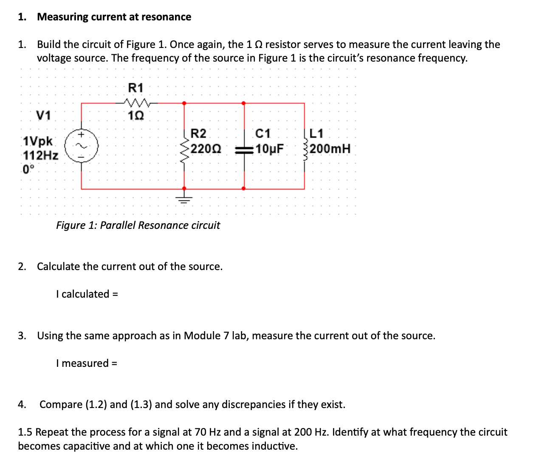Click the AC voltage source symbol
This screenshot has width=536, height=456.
click(81, 146)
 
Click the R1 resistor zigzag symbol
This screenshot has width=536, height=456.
click(136, 102)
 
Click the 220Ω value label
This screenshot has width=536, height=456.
click(206, 149)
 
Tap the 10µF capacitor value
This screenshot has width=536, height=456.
click(270, 149)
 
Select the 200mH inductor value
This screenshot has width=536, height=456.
click(330, 149)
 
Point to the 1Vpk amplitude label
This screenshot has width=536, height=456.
click(38, 141)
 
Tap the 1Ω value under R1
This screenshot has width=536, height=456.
click(136, 115)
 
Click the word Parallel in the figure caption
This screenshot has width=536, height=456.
click(118, 225)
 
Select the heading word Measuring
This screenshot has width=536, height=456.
click(62, 17)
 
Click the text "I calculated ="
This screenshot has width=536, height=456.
click(87, 294)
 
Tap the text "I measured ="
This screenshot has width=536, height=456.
click(87, 363)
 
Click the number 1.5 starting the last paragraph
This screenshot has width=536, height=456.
click(25, 432)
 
